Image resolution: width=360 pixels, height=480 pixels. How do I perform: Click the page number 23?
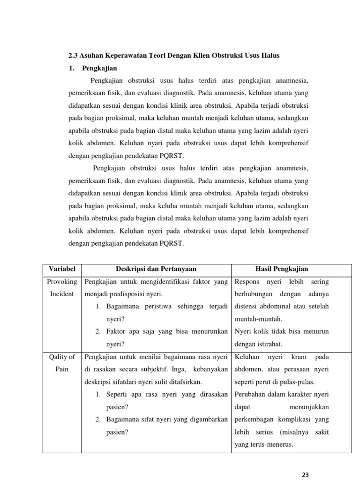306,474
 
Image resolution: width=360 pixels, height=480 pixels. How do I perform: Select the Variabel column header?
62,269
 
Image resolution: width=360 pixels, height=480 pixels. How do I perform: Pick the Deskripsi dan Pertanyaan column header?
156,269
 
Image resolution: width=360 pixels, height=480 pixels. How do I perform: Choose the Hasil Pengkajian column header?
281,269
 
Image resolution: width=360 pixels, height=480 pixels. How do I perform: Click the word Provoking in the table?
62,282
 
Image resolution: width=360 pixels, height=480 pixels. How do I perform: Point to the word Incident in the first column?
62,294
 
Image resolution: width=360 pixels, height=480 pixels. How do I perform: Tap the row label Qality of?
62,357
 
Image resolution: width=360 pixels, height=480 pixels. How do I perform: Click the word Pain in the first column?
62,369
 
